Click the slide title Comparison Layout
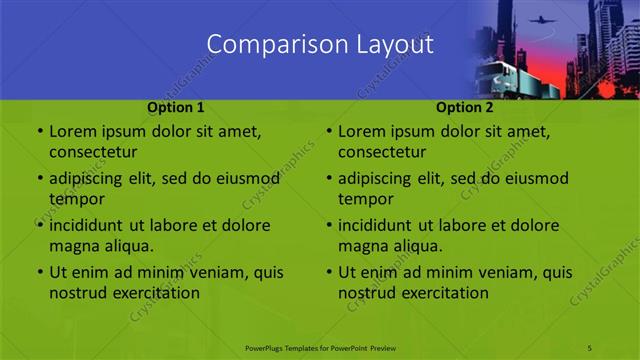click(x=319, y=45)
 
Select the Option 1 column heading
click(x=176, y=106)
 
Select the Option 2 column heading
click(x=465, y=106)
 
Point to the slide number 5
click(x=590, y=347)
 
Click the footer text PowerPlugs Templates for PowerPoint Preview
click(x=320, y=347)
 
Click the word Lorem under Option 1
click(x=73, y=131)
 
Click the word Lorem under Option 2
click(x=362, y=131)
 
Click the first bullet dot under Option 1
click(x=39, y=132)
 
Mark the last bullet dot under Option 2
click(x=328, y=272)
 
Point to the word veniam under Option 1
click(x=208, y=272)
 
